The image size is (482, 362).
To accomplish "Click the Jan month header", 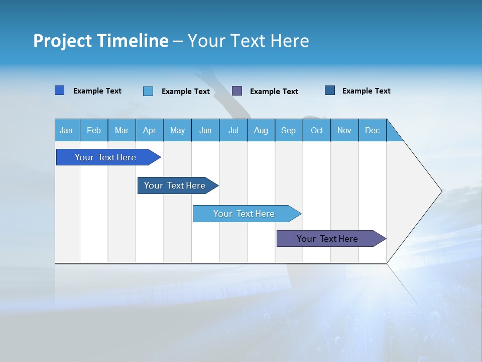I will click(66, 130).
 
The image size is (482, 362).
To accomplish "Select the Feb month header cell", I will click(94, 130).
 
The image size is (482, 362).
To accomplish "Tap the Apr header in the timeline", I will click(149, 130).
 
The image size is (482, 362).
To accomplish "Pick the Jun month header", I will click(205, 130).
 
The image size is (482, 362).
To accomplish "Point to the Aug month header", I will click(261, 130).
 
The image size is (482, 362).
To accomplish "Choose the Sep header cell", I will click(288, 130).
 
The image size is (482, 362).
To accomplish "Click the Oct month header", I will click(317, 130).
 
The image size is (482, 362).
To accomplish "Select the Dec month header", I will click(372, 130).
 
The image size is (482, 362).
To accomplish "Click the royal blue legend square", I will click(60, 90).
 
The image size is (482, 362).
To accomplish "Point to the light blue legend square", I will click(148, 91).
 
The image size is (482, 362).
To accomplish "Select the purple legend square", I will click(237, 90).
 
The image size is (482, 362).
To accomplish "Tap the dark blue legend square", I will click(330, 90).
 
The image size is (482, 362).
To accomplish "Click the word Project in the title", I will click(63, 41).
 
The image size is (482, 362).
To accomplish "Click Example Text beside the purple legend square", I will click(274, 92).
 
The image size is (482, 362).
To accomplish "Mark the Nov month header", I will click(344, 130).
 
